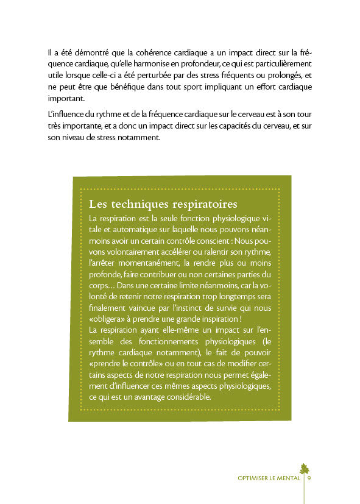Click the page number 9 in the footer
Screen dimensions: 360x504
[x=309, y=478]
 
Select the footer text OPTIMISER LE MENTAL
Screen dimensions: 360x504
[x=269, y=478]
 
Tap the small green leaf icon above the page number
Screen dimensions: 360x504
[x=305, y=468]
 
